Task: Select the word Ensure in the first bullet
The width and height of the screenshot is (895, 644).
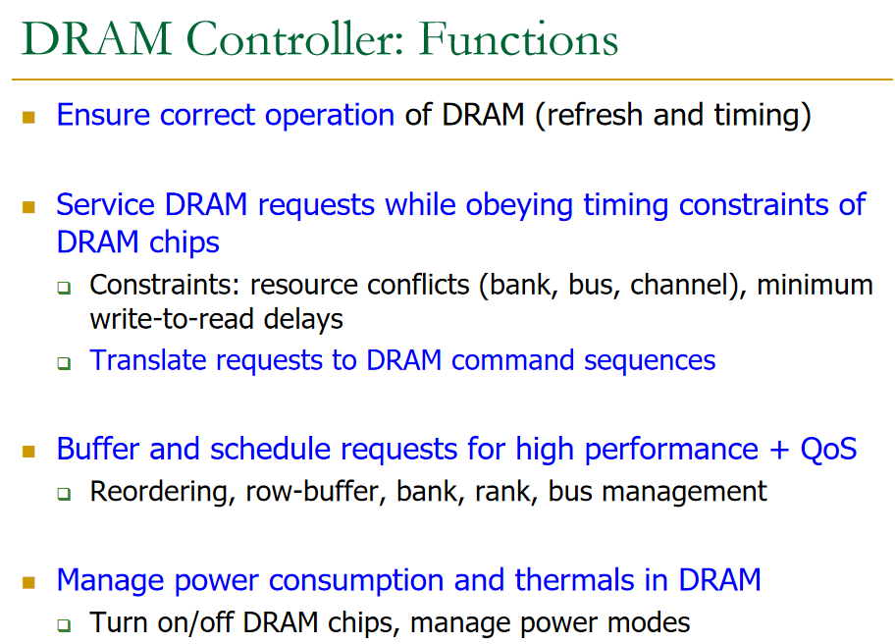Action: click(x=104, y=115)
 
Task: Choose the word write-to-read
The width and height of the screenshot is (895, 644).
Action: click(x=171, y=318)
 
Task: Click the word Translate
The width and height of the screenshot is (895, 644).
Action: click(x=149, y=359)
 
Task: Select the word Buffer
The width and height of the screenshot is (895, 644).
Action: click(x=99, y=449)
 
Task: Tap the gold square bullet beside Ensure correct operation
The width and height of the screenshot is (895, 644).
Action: click(x=28, y=117)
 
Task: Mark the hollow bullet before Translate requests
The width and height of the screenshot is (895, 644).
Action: click(x=64, y=362)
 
